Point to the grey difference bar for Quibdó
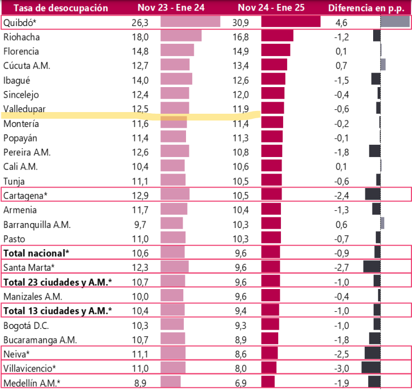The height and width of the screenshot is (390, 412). pyautogui.click(x=395, y=22)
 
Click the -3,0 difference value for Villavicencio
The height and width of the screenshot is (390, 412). pyautogui.click(x=343, y=368)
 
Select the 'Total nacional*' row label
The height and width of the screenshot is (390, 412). pyautogui.click(x=36, y=253)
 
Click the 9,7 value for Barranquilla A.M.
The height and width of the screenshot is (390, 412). pyautogui.click(x=142, y=224)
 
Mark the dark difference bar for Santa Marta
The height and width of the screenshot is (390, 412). pyautogui.click(x=371, y=267)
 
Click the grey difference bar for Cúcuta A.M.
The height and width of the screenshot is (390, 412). pyautogui.click(x=383, y=65)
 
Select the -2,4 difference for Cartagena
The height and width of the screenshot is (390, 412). pyautogui.click(x=343, y=195)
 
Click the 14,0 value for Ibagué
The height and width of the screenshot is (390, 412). pyautogui.click(x=142, y=80)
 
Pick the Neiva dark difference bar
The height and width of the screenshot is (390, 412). pyautogui.click(x=372, y=353)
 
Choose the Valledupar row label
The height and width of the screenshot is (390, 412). pyautogui.click(x=24, y=109)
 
